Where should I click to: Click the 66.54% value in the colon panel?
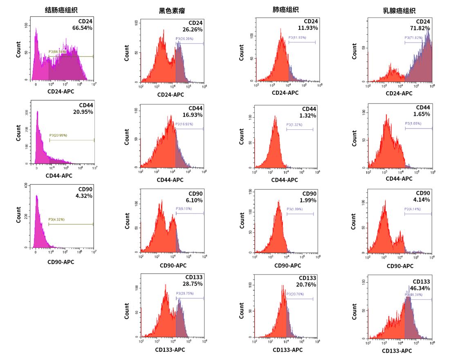point(83,28)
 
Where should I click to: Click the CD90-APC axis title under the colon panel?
point(61,262)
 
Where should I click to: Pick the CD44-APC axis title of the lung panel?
point(285,180)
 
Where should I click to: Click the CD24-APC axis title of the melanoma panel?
point(171,94)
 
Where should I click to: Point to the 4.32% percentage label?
point(84,196)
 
